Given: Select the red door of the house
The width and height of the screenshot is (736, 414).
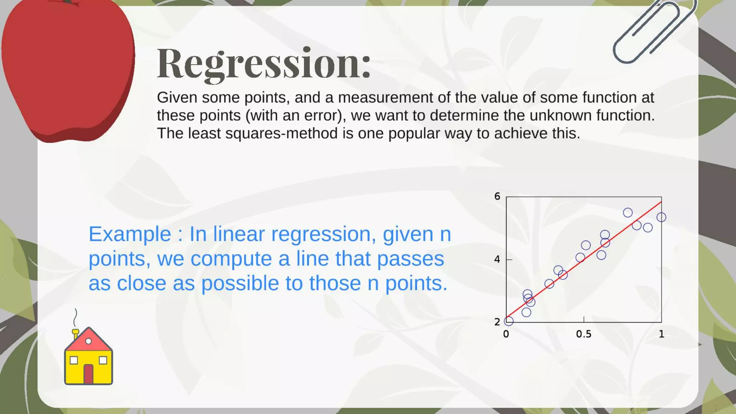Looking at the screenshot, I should click(88, 374).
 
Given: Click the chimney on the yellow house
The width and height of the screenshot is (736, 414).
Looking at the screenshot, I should click(76, 334).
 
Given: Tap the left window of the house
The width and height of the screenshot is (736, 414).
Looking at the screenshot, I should click(74, 360).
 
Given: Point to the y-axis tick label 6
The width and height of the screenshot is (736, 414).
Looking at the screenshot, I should click(497, 196).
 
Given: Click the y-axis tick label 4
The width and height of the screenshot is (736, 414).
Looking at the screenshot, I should click(497, 259).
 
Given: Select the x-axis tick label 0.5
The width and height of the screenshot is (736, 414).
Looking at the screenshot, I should click(583, 334).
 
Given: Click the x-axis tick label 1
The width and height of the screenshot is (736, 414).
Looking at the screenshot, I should click(661, 334).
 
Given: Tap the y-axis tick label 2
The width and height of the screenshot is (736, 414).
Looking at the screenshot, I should click(497, 322).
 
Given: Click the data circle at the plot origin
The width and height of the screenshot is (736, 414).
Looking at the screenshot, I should click(509, 321).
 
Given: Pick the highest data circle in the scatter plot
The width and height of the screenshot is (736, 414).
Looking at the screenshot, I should click(628, 212).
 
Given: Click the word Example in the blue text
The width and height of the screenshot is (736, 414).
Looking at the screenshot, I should click(130, 234).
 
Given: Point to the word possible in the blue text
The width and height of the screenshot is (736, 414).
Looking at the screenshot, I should click(240, 284).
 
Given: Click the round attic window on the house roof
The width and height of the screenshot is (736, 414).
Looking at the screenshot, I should click(88, 341).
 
